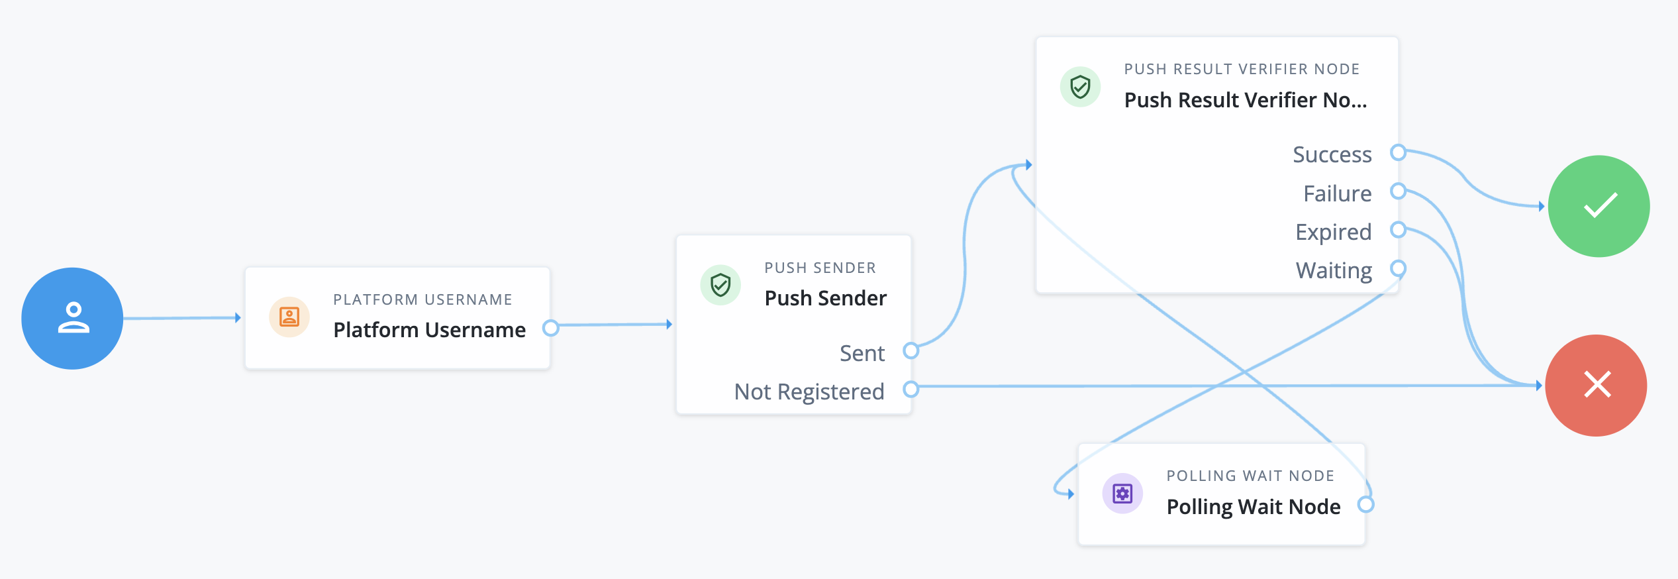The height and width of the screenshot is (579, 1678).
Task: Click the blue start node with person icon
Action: [x=72, y=318]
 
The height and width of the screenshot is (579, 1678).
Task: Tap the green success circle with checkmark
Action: [x=1599, y=206]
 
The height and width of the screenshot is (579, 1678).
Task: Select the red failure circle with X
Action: [x=1596, y=385]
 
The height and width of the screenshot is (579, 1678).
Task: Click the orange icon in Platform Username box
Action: [x=289, y=317]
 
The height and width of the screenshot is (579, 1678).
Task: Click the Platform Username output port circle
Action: [x=550, y=327]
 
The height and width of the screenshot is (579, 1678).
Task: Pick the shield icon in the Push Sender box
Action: [x=720, y=285]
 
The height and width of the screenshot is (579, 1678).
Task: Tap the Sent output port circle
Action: [x=911, y=350]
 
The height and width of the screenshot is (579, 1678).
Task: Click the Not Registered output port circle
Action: [x=911, y=389]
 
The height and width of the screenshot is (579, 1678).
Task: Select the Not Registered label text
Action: [x=809, y=392]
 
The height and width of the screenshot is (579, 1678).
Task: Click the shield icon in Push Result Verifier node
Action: [x=1080, y=87]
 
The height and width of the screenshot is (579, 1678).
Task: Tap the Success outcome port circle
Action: [x=1398, y=152]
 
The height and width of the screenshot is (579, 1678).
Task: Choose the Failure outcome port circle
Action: [x=1398, y=191]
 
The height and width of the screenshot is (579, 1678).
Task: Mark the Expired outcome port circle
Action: [x=1398, y=230]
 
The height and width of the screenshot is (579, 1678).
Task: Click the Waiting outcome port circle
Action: [x=1398, y=268]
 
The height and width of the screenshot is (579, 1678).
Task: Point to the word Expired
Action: [x=1333, y=232]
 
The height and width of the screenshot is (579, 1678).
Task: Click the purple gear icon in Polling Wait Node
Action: [x=1122, y=494]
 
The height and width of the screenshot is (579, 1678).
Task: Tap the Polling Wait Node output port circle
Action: [x=1365, y=505]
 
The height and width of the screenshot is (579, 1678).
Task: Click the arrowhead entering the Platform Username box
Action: [x=238, y=318]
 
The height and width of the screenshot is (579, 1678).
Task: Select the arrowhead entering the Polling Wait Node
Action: [x=1070, y=494]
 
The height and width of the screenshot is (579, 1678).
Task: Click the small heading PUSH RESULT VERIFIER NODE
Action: [x=1242, y=69]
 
